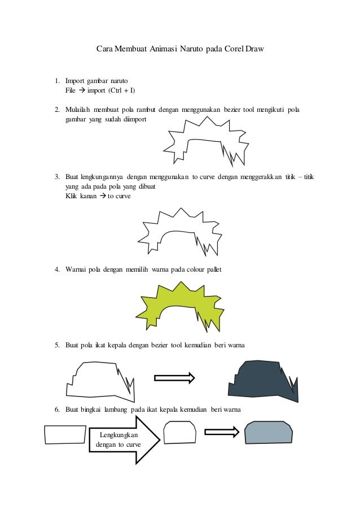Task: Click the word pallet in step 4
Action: pos(211,270)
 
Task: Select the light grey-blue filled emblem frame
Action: pos(269,433)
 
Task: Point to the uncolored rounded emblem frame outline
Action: pos(179,434)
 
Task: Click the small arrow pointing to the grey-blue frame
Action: pos(222,432)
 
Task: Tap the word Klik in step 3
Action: pos(72,195)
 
